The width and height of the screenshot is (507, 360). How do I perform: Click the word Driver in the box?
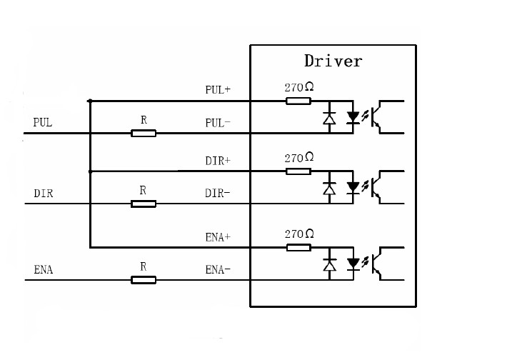(x=333, y=61)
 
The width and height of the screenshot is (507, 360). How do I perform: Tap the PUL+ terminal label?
(x=218, y=91)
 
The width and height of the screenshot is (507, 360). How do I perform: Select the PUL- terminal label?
(x=218, y=123)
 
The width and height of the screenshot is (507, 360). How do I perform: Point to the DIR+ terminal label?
(x=218, y=161)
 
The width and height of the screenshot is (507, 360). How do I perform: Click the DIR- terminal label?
(x=218, y=194)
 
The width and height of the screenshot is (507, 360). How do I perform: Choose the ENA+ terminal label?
(x=218, y=237)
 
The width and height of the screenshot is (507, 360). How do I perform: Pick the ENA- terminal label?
(x=218, y=270)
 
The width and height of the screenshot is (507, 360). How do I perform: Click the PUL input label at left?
(x=43, y=123)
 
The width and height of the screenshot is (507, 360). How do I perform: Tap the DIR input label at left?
(x=44, y=194)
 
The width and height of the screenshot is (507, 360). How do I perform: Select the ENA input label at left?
(x=44, y=270)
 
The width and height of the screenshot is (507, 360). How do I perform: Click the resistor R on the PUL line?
(x=144, y=133)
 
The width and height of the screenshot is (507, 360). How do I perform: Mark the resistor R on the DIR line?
(x=144, y=204)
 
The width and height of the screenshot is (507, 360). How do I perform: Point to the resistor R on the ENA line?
(x=144, y=280)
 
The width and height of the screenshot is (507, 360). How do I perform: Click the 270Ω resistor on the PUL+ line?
(x=298, y=101)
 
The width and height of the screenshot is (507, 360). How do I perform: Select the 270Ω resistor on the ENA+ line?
(x=298, y=248)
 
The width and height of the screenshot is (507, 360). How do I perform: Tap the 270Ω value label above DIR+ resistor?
(x=298, y=158)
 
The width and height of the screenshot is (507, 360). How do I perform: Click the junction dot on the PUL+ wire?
(x=90, y=101)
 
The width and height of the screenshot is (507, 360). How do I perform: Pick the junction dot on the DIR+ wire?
(x=90, y=171)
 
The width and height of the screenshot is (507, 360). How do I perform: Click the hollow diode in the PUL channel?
(x=329, y=118)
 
